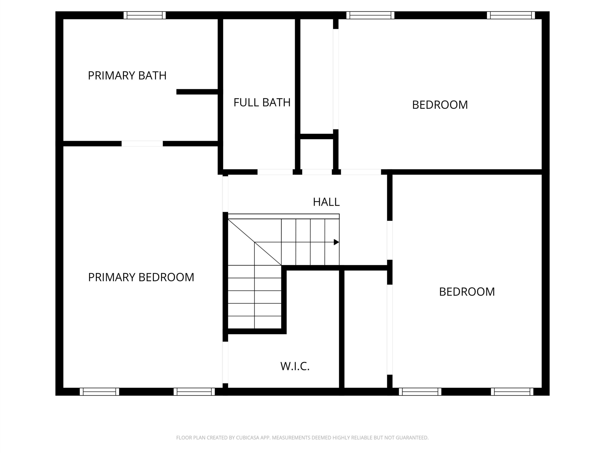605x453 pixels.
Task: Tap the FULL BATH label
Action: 262,103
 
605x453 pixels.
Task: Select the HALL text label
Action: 326,202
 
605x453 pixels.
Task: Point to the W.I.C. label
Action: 295,366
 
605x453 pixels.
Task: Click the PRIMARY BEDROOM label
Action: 141,277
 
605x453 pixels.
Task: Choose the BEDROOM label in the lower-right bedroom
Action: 467,292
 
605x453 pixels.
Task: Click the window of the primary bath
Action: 145,15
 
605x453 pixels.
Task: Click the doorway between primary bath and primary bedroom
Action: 142,144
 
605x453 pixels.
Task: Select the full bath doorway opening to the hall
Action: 275,172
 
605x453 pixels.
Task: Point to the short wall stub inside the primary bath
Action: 197,92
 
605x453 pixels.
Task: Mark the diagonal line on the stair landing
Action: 255,242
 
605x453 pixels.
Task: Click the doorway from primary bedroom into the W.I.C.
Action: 225,362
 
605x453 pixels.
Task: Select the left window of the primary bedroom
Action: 99,392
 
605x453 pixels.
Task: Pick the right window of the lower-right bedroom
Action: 512,392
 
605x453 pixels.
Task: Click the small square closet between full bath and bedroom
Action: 317,154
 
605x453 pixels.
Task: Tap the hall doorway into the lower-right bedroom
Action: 390,240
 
